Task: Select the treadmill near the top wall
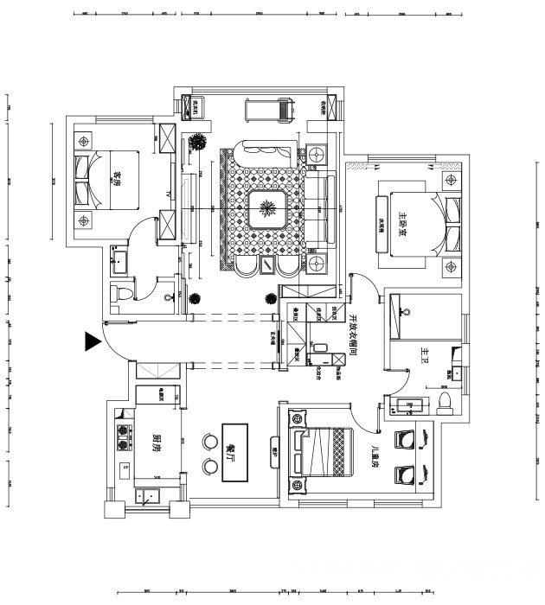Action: click(x=270, y=108)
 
